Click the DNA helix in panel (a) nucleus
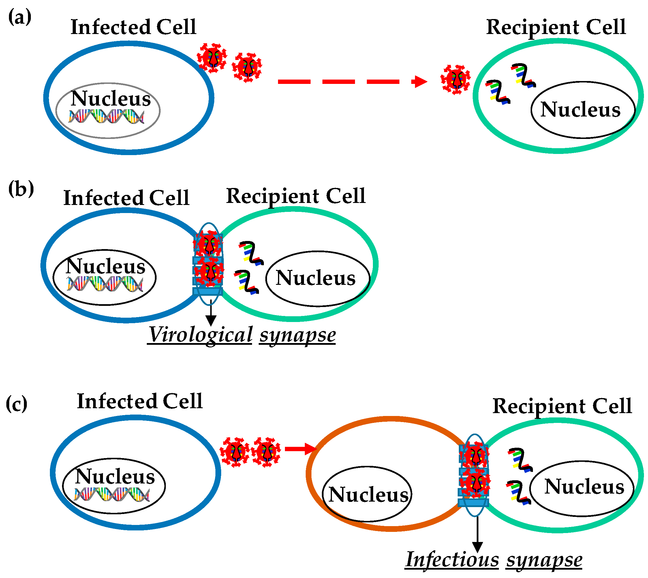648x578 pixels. tap(106, 116)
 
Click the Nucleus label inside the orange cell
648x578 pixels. tap(368, 494)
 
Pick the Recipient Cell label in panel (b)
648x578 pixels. tap(295, 196)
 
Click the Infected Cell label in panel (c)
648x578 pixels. tap(140, 401)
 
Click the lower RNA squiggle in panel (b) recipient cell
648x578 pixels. tap(247, 282)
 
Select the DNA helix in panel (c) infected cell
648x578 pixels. tap(112, 494)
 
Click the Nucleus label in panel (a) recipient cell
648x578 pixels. tap(580, 110)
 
